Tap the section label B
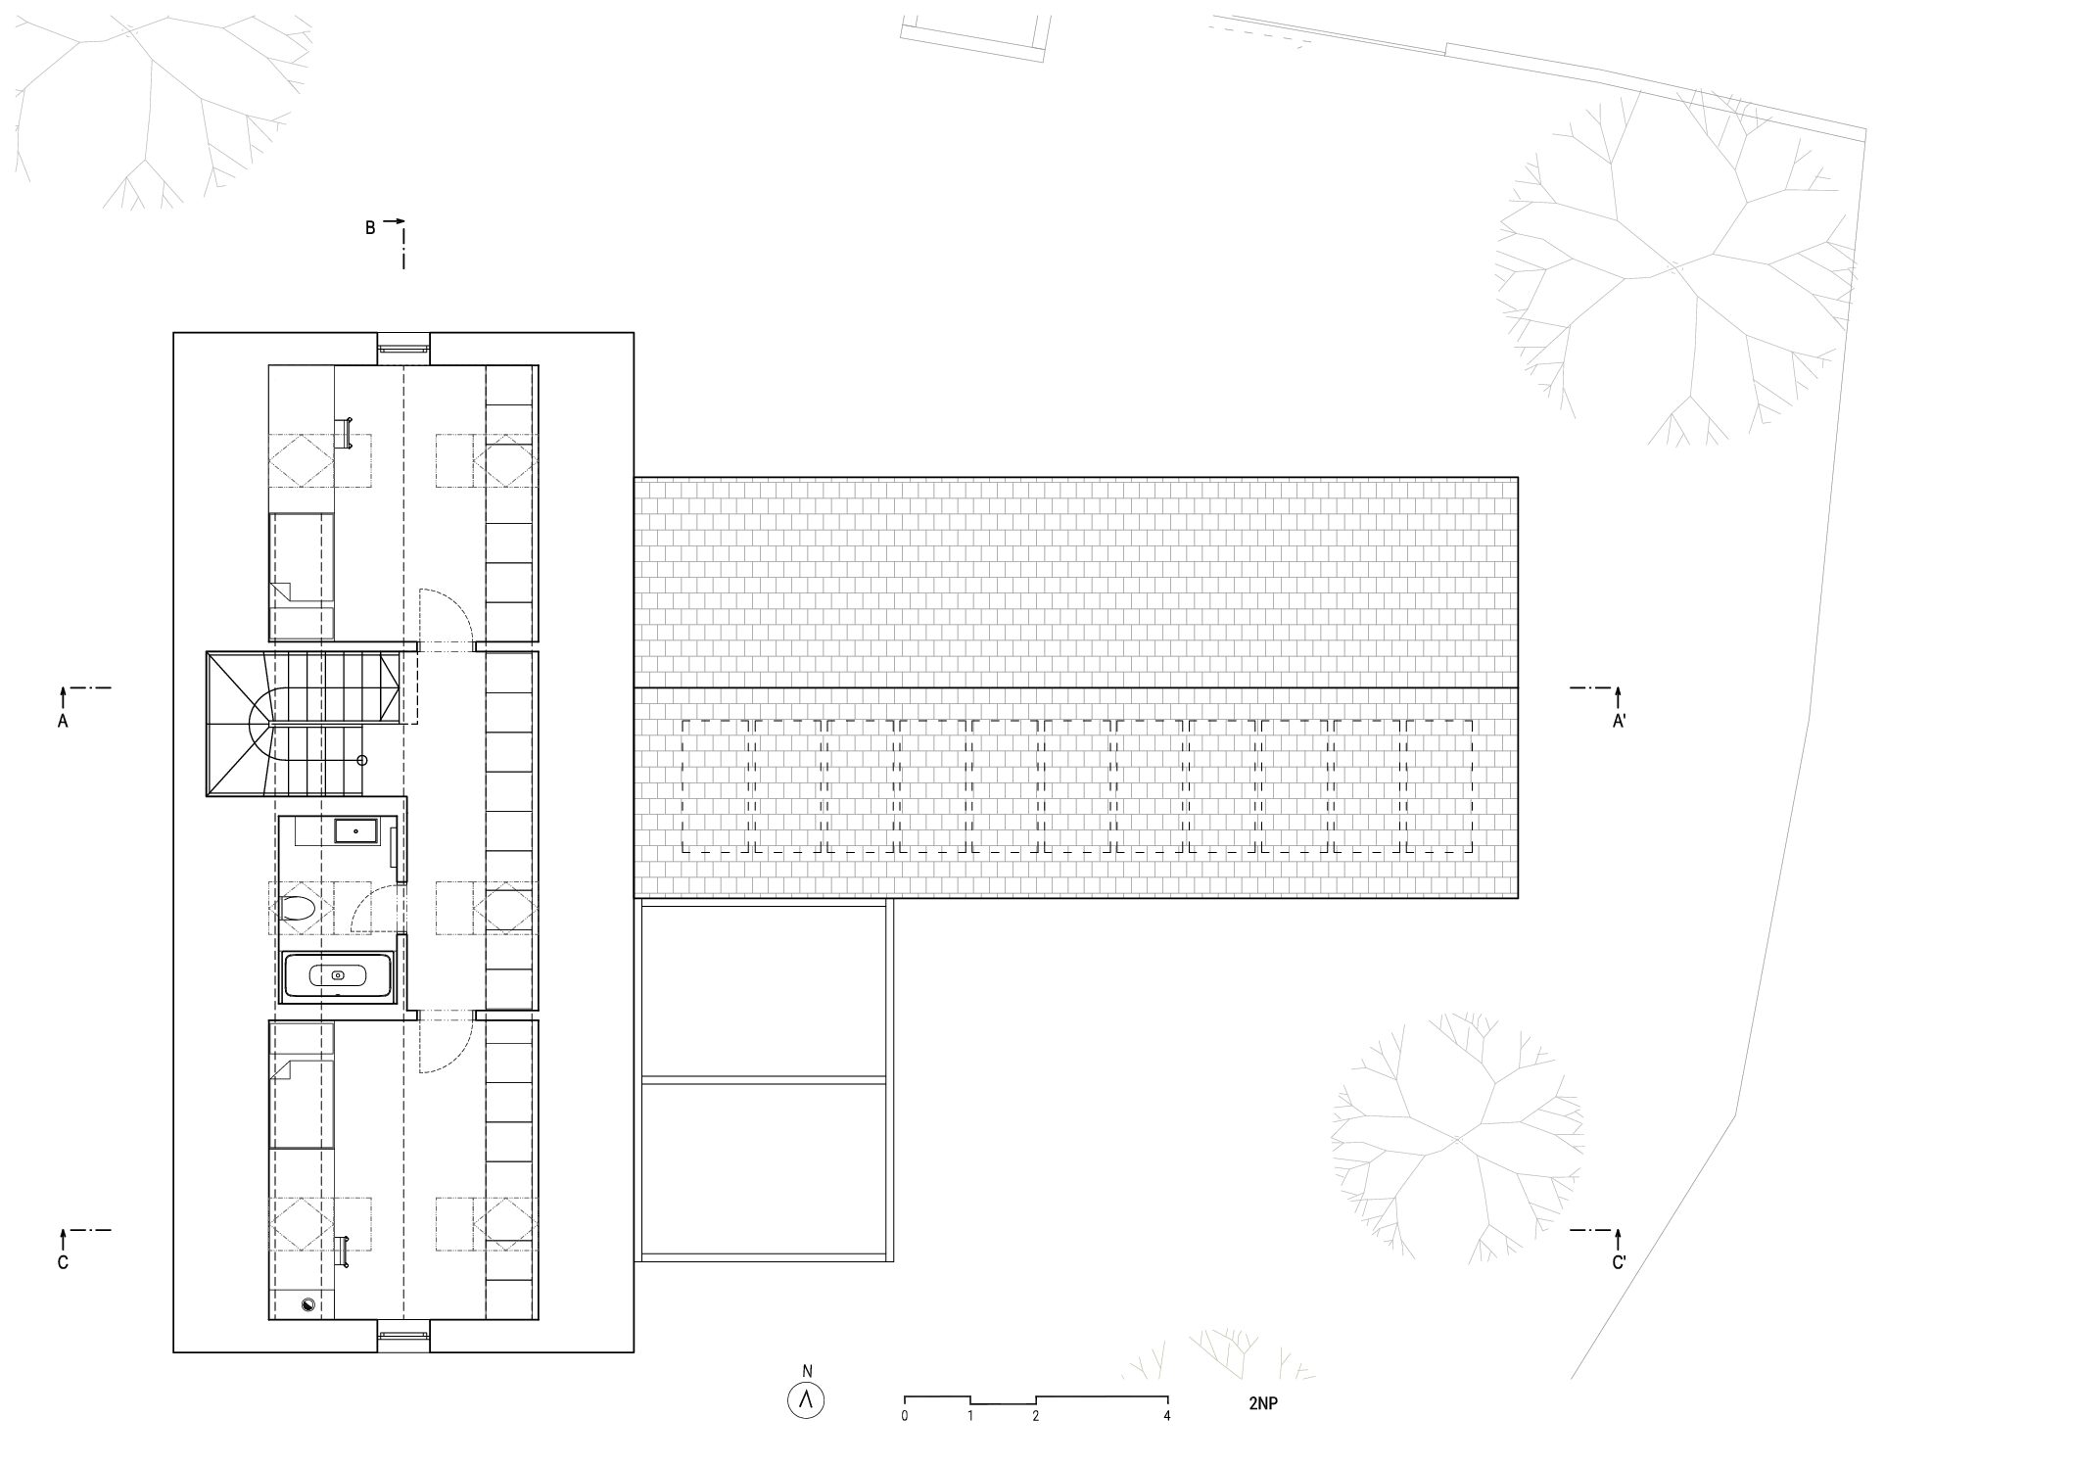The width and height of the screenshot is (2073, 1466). click(370, 228)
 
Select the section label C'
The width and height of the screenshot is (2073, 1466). click(1619, 1263)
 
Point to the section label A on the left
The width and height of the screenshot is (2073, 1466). click(63, 721)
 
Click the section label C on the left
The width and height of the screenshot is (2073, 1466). click(63, 1263)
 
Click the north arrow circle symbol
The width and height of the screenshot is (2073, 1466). click(806, 1401)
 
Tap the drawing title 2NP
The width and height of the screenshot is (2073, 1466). click(1263, 1403)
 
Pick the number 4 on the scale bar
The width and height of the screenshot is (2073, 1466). click(1167, 1416)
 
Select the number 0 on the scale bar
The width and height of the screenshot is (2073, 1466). click(905, 1416)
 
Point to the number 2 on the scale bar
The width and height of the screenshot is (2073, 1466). click(1036, 1416)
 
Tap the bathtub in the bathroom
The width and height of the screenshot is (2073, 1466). click(338, 976)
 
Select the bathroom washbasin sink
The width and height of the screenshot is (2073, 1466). click(355, 831)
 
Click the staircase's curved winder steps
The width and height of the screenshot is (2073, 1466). click(245, 725)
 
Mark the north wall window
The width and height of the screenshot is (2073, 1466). click(403, 345)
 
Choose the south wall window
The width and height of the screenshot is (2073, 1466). click(403, 1333)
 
